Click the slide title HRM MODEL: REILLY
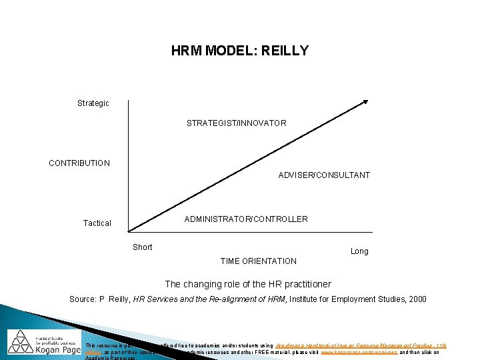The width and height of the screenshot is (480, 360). pos(240,51)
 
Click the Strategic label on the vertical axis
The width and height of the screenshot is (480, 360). pos(93,103)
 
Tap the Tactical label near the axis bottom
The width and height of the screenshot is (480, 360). pos(97,223)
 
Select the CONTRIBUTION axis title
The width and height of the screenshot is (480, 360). pos(79,163)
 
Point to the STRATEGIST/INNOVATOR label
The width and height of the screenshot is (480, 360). pos(237,123)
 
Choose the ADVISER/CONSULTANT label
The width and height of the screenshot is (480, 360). pos(324,175)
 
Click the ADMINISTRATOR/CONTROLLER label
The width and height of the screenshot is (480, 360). pos(246,219)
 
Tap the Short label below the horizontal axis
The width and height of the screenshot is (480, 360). pos(143,247)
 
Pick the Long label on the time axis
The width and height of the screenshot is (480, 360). pos(359,251)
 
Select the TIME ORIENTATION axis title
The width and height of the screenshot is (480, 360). pos(259,261)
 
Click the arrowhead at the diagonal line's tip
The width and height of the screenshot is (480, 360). pos(364,102)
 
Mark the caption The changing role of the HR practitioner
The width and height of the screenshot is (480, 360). pos(248,284)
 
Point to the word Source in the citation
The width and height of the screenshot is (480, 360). pos(83,299)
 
